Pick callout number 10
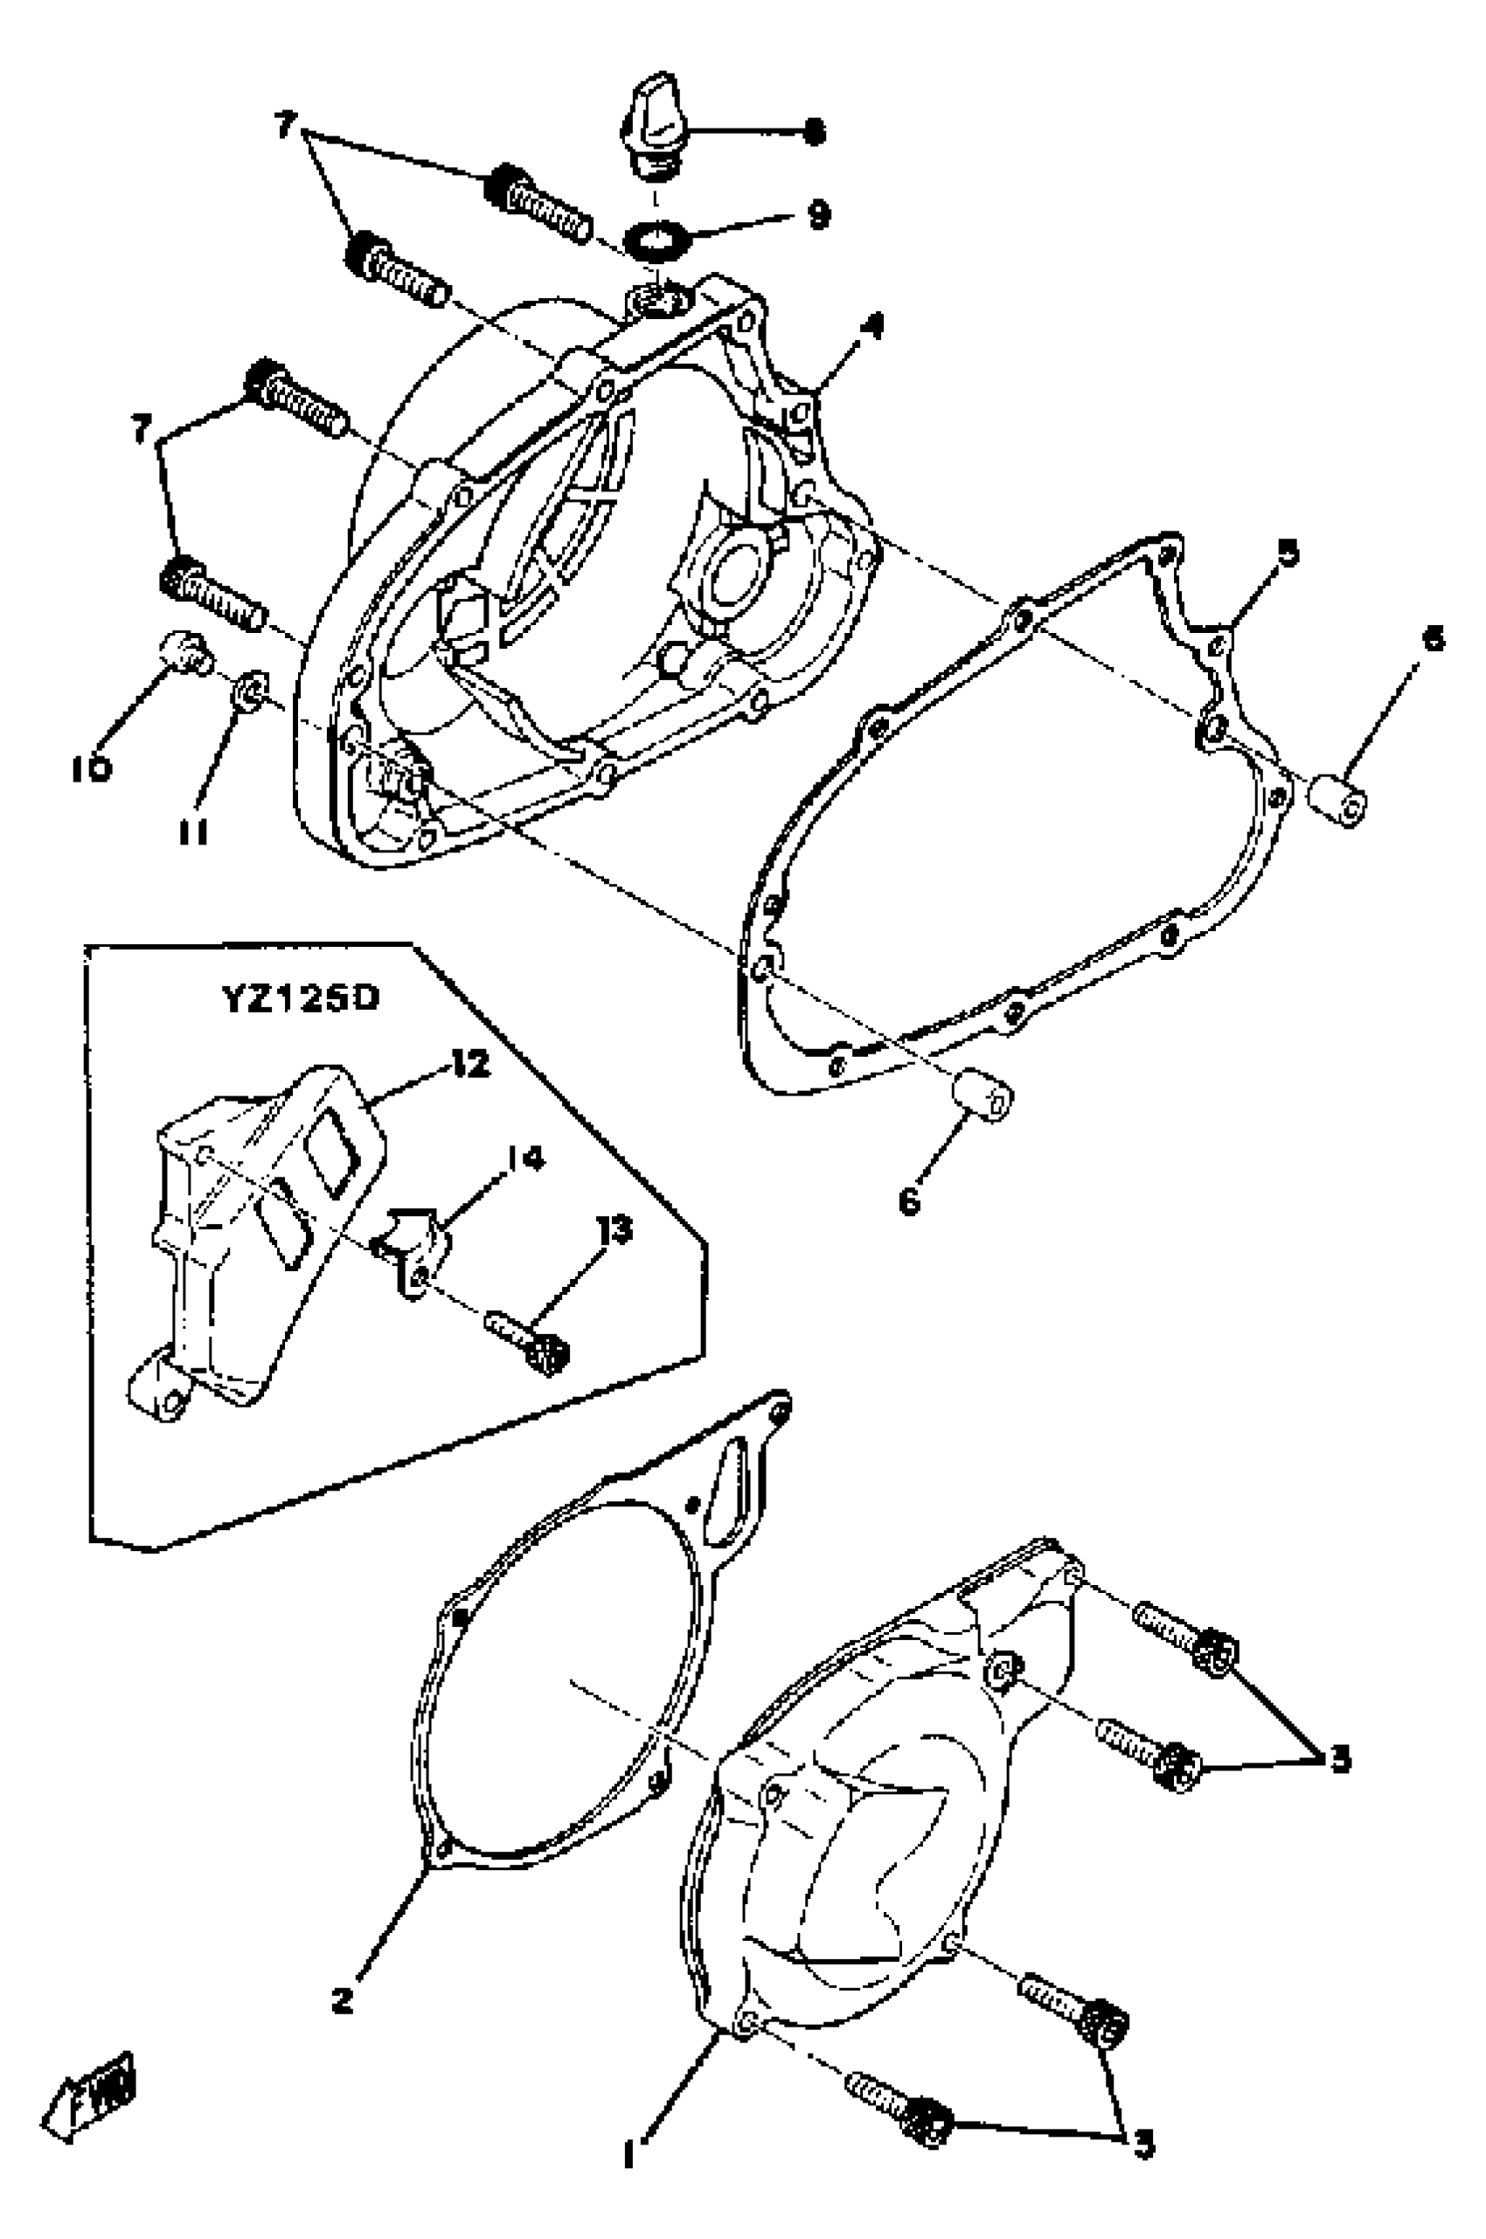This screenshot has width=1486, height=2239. pos(91,768)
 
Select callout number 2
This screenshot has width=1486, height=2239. pos(342,2001)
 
